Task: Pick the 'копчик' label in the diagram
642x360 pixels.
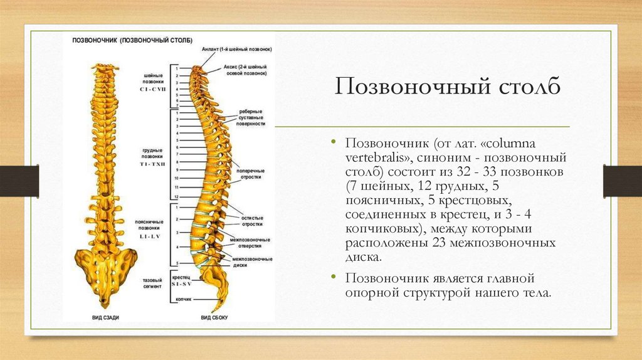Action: tap(183, 299)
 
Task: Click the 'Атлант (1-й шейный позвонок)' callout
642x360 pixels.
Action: tap(236, 49)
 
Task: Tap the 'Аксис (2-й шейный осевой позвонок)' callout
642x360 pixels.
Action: tap(245, 70)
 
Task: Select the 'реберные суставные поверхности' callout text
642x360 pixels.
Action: tap(251, 118)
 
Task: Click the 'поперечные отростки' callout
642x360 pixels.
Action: tap(250, 173)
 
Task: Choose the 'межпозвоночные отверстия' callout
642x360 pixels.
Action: tap(250, 243)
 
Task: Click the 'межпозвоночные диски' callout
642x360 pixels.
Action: tap(251, 262)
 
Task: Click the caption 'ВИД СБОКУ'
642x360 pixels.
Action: tap(214, 317)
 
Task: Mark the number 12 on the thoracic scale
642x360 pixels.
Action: tap(177, 197)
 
